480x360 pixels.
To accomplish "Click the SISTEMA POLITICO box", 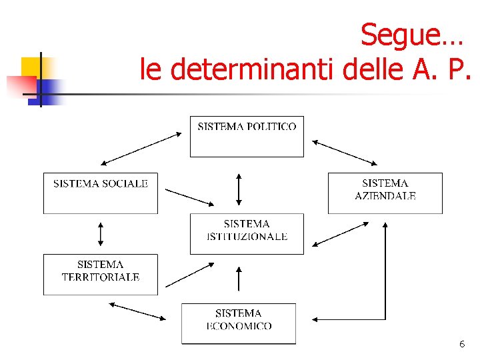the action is coord(247,136).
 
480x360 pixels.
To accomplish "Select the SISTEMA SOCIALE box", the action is coord(101,193).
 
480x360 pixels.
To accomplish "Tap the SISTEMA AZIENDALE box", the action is coord(385,193).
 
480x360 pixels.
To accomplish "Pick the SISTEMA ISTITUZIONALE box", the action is coord(247,233).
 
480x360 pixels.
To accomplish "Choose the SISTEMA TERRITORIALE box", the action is coord(101,274).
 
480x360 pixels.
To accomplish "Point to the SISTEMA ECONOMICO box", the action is coord(239,323).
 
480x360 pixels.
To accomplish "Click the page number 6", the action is coord(461,345).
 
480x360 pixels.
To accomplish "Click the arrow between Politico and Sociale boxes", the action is coord(141,148).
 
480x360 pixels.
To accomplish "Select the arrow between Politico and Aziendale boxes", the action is coord(345,152).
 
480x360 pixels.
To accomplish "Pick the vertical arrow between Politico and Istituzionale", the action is coord(239,189).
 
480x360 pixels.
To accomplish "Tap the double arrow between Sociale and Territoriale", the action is coord(101,234).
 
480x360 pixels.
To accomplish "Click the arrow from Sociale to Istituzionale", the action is coord(189,197).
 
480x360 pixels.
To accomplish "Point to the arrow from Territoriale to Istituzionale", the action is coord(190,274).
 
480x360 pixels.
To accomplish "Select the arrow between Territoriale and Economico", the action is coord(137,311).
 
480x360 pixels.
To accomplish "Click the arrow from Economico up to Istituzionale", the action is coord(239,278).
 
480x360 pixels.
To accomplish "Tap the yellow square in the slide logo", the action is coord(31,68).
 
